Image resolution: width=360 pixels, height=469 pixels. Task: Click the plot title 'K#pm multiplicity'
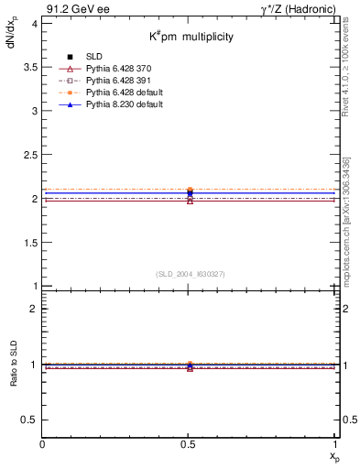[x=191, y=36]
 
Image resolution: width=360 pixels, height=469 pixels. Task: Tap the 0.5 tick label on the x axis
[x=189, y=443]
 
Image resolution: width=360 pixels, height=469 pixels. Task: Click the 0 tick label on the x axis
[x=43, y=443]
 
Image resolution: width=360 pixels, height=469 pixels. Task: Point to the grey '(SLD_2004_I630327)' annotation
[x=191, y=274]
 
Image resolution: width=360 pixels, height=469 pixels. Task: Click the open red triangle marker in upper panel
[x=190, y=200]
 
